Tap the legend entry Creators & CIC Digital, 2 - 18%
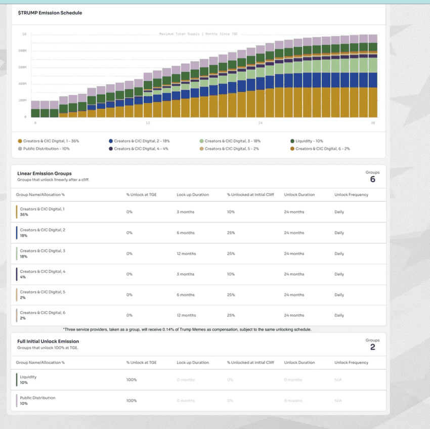138,141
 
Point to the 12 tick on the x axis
147,123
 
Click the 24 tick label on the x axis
260,123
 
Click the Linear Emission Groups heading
45,174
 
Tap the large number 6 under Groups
372,180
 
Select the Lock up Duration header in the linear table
193,195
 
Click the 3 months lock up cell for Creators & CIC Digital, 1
185,212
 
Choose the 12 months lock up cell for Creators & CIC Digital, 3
186,253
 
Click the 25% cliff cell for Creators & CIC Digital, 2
231,233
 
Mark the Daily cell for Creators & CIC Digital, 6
339,315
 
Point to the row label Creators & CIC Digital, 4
42,272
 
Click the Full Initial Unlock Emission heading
48,341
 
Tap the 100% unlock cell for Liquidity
132,380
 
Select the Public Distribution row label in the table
37,398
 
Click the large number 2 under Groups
372,348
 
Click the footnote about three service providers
187,329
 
